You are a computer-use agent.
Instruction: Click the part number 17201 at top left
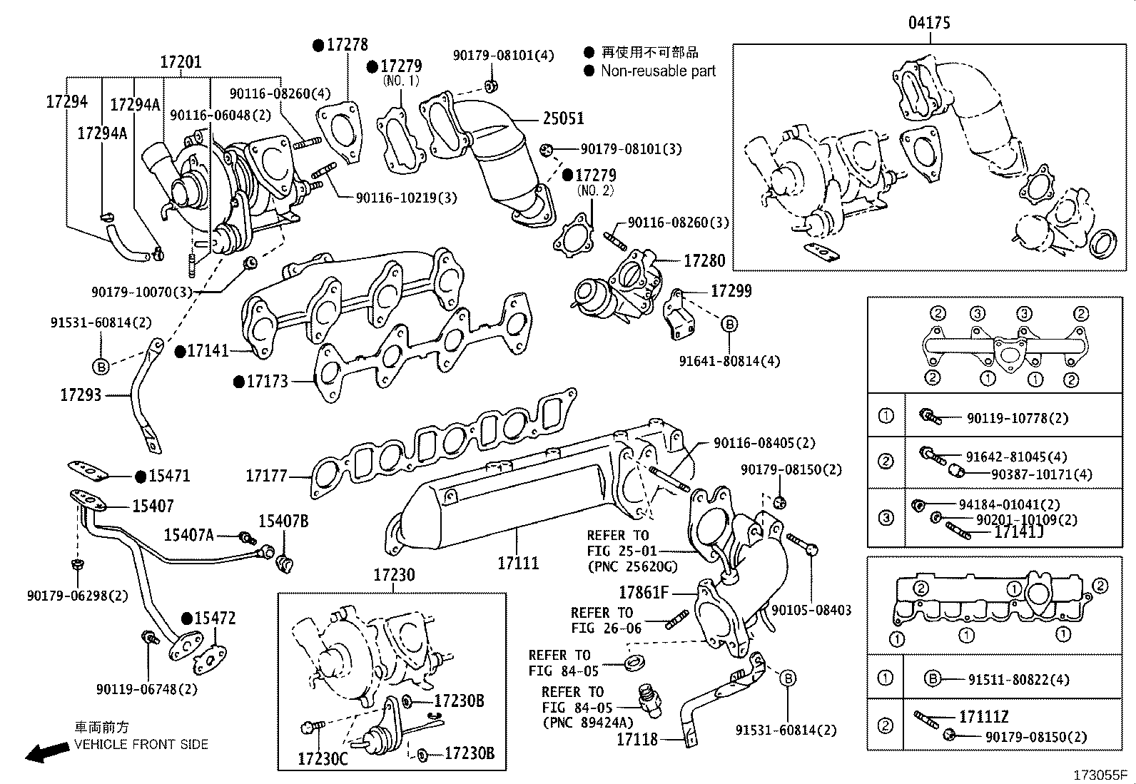(181, 62)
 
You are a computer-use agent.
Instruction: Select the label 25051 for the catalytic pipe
(563, 118)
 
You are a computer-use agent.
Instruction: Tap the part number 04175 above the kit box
(928, 23)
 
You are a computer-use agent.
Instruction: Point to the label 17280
(704, 261)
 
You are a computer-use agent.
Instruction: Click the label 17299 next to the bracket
(731, 291)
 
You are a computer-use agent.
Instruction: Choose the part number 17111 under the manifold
(518, 563)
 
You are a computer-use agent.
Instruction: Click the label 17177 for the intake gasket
(266, 475)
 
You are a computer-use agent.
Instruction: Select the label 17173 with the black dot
(267, 382)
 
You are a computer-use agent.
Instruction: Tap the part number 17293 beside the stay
(81, 394)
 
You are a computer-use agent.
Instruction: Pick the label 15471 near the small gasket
(169, 476)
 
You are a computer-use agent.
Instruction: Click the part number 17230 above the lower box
(394, 575)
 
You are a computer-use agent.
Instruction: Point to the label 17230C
(323, 759)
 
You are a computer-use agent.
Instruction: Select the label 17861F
(644, 592)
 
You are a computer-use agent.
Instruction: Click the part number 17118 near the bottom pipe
(637, 740)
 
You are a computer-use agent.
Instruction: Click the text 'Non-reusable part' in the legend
(657, 71)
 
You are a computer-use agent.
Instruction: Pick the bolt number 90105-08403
(811, 610)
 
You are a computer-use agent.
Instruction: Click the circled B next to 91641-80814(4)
(729, 325)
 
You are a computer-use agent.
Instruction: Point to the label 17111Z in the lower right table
(983, 716)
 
